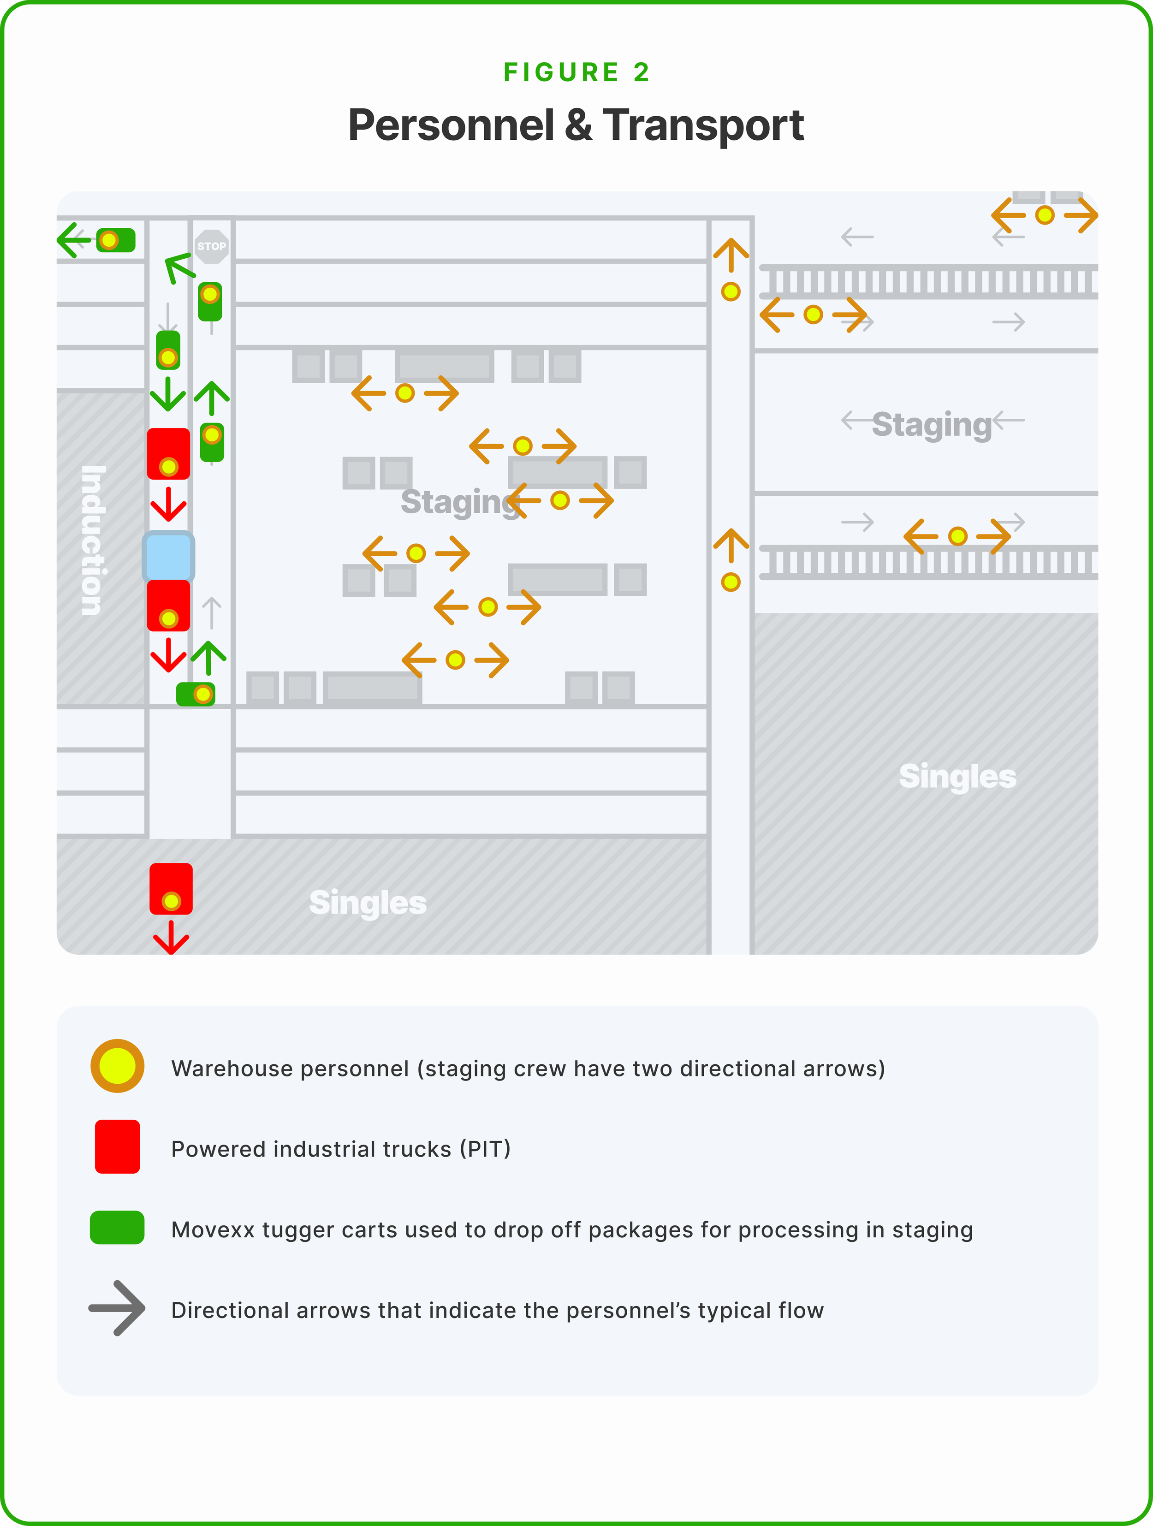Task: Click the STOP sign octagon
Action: pos(211,246)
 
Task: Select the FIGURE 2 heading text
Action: pos(576,72)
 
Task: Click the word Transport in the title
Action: pos(703,125)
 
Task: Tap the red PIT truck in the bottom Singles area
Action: pos(171,889)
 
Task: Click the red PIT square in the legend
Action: pos(117,1146)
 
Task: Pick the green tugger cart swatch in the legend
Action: pos(117,1227)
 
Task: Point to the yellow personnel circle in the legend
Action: pos(117,1066)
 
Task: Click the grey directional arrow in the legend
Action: pos(117,1308)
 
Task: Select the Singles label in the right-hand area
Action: pos(957,776)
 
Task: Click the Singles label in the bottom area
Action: pos(368,903)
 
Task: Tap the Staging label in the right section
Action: pos(932,424)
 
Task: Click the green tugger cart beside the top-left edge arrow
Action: pos(115,240)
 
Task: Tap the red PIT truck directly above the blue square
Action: pos(168,453)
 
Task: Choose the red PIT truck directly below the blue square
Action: pos(168,605)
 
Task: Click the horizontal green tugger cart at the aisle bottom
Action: pos(195,694)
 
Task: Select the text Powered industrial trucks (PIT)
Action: pos(341,1149)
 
